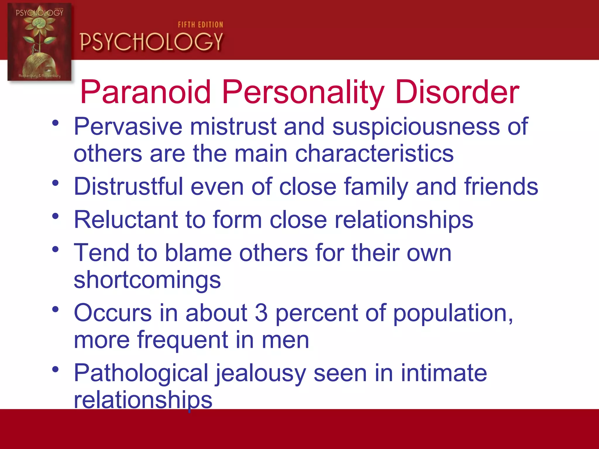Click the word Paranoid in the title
pyautogui.click(x=145, y=92)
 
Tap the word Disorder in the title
pyautogui.click(x=457, y=92)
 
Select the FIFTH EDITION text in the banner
pyautogui.click(x=200, y=25)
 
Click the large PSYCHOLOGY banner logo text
pyautogui.click(x=152, y=42)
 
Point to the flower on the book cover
pyautogui.click(x=39, y=25)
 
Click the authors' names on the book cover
pyautogui.click(x=39, y=76)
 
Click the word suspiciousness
pyautogui.click(x=416, y=127)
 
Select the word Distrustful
pyautogui.click(x=128, y=186)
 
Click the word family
pyautogui.click(x=376, y=186)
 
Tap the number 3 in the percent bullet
pyautogui.click(x=261, y=313)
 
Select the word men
pyautogui.click(x=285, y=340)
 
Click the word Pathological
pyautogui.click(x=141, y=373)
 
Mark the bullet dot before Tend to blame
pyautogui.click(x=55, y=249)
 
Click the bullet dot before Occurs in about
pyautogui.click(x=55, y=309)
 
